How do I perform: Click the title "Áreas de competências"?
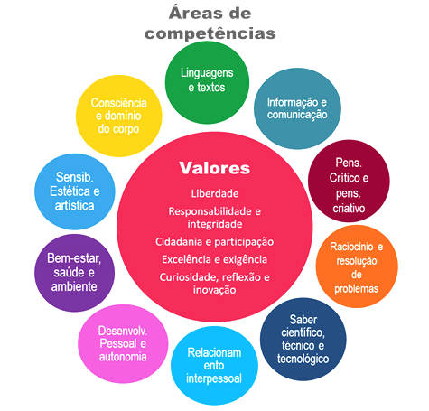coord(210,23)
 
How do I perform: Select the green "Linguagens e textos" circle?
coord(207,82)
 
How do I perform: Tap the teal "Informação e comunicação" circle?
coord(297,108)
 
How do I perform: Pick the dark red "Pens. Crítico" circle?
coord(349,181)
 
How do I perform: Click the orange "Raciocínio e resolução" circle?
coord(357,266)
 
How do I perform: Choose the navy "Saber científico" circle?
coord(303,339)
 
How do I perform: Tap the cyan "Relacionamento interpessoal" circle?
coord(214,366)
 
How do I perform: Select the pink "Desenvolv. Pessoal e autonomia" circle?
coord(123,344)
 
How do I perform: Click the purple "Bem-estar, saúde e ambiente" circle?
coord(74,273)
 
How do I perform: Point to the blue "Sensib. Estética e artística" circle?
coord(75,191)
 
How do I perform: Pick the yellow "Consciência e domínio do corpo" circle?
coord(119,116)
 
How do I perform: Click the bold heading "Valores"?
coord(215,168)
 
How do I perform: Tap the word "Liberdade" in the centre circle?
coord(215,193)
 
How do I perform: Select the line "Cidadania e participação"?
coord(214,242)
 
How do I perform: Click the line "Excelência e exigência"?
coord(214,259)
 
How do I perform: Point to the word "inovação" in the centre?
coord(214,290)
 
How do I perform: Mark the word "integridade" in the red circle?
coord(215,224)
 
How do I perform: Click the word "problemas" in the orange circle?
coord(357,289)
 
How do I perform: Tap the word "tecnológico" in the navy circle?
coord(303,359)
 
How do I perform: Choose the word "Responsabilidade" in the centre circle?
coord(210,211)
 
